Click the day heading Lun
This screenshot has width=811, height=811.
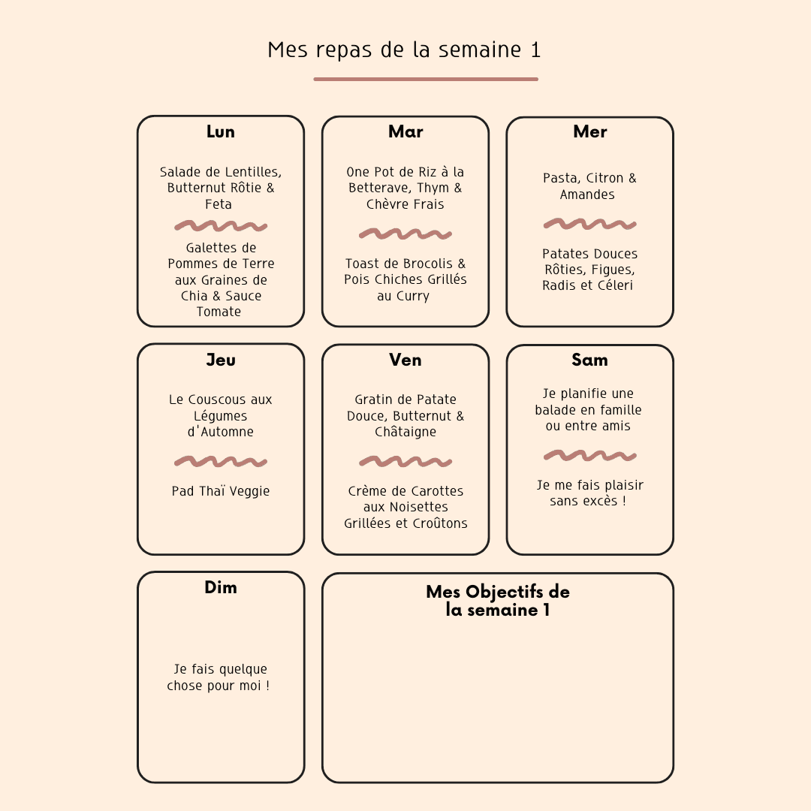point(220,132)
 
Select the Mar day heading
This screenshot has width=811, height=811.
point(405,132)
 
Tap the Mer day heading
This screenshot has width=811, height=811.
point(589,132)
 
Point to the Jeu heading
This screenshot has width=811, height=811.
point(221,360)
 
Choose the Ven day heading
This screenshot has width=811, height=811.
point(405,360)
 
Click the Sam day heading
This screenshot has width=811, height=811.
point(589,360)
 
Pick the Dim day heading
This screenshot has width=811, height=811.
point(221,587)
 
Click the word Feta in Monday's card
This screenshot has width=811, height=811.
point(219,204)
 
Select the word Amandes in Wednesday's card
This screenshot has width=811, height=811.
point(587,195)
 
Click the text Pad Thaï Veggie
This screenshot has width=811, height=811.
point(221,491)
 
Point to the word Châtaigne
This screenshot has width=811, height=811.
point(405,432)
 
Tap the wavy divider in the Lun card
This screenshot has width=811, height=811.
point(221,226)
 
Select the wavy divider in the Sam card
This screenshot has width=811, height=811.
point(589,456)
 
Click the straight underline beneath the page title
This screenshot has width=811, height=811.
point(426,79)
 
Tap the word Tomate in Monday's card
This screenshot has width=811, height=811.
point(219,312)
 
